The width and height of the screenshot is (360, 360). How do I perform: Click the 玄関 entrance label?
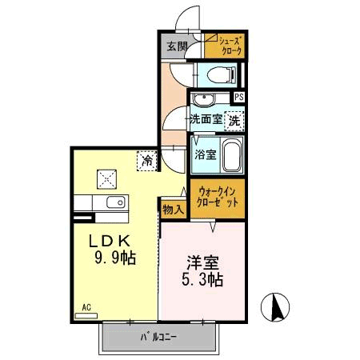[x=177, y=46]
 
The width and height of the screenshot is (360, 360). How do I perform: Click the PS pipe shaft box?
[x=238, y=98]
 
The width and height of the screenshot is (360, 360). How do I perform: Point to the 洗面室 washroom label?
[x=205, y=120]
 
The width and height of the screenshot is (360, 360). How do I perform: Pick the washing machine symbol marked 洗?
[x=234, y=120]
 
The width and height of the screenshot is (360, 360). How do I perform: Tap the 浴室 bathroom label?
[x=205, y=154]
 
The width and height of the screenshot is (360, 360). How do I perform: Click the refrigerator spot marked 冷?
[x=146, y=160]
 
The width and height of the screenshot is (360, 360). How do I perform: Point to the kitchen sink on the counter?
[x=111, y=202]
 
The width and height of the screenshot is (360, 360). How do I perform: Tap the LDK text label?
[x=114, y=242]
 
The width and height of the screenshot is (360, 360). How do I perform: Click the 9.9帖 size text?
[x=114, y=258]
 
